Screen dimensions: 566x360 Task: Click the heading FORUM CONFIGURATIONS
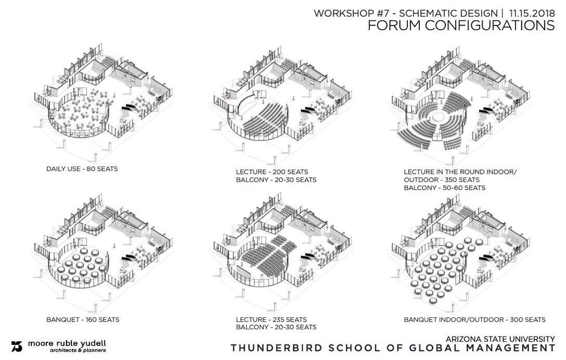pos(461,26)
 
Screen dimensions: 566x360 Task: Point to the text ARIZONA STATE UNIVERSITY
pos(499,338)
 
